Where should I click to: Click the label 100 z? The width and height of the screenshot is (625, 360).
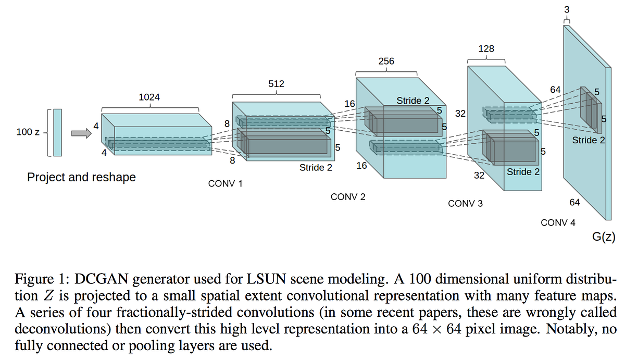pyautogui.click(x=28, y=132)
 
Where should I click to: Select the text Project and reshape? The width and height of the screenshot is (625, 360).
pyautogui.click(x=81, y=177)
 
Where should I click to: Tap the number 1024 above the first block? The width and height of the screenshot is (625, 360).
pyautogui.click(x=149, y=97)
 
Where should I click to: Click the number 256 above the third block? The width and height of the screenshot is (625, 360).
pyautogui.click(x=386, y=61)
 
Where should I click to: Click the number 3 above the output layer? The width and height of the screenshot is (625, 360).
pyautogui.click(x=566, y=9)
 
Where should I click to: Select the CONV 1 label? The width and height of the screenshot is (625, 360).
pyautogui.click(x=225, y=184)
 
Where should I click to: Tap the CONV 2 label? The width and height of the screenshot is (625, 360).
pyautogui.click(x=348, y=197)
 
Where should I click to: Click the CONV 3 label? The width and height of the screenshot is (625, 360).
pyautogui.click(x=465, y=203)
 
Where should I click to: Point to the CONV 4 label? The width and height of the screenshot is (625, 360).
pyautogui.click(x=558, y=222)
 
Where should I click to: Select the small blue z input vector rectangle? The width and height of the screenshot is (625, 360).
pyautogui.click(x=57, y=132)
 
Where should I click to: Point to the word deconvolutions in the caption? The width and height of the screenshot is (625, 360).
pyautogui.click(x=49, y=330)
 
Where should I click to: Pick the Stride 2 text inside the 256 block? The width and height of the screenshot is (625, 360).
pyautogui.click(x=413, y=101)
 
